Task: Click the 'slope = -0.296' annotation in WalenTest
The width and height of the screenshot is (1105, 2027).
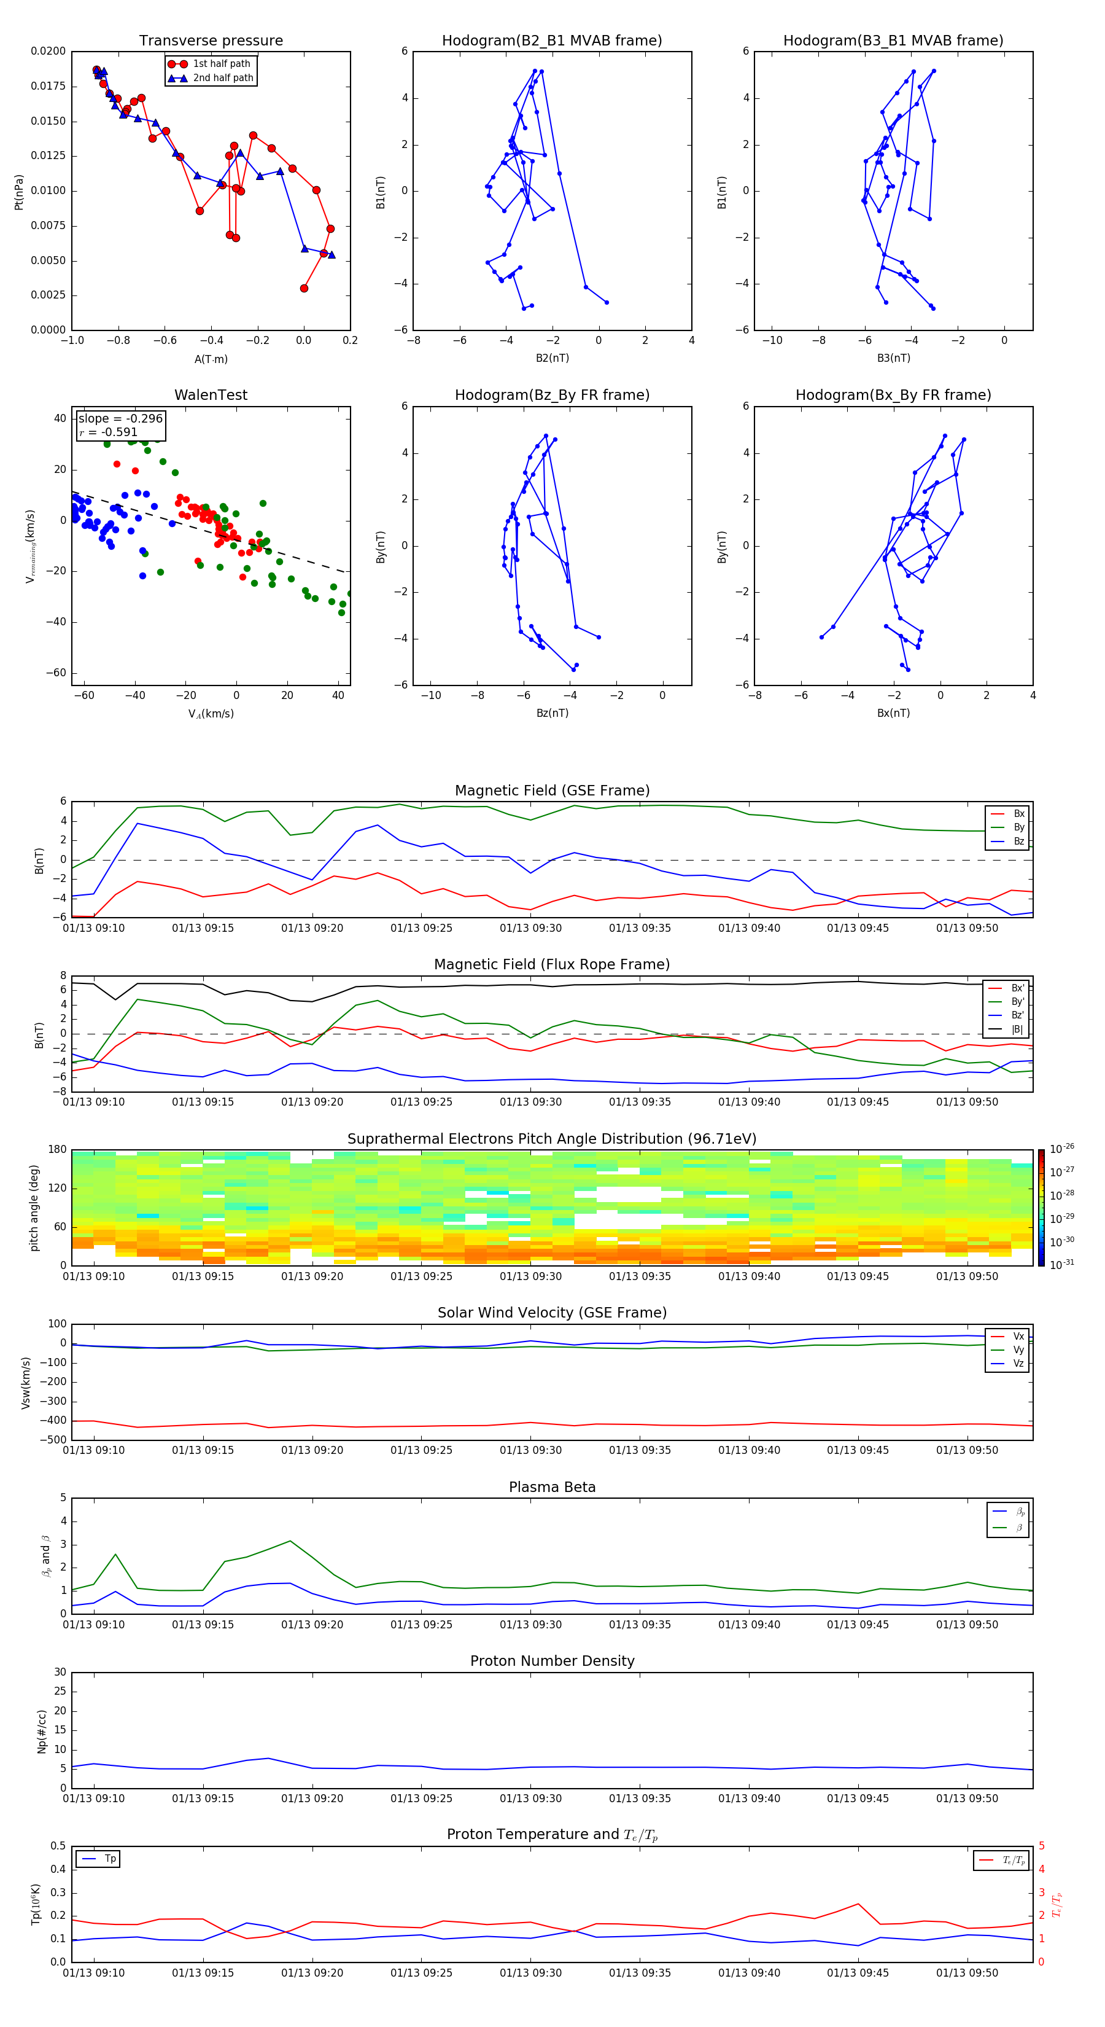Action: click(x=120, y=419)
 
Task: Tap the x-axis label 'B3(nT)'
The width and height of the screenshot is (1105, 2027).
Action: click(x=893, y=358)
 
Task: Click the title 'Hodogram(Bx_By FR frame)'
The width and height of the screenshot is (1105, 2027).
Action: click(x=893, y=395)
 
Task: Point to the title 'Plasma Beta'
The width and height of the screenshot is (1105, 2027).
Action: click(x=552, y=1487)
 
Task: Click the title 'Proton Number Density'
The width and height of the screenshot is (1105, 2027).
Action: click(x=552, y=1661)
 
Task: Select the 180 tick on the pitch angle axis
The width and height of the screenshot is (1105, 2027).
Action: click(x=58, y=1150)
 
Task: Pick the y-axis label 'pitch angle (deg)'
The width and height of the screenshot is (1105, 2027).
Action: click(x=34, y=1207)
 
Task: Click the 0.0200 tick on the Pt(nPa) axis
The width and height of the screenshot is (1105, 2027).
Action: click(x=48, y=51)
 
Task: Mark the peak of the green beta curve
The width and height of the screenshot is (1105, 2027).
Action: click(x=290, y=1541)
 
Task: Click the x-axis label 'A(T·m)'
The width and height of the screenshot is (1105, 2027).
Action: click(x=211, y=359)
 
